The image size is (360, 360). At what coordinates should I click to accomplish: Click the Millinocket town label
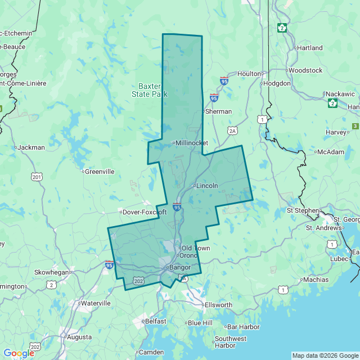coord(192,143)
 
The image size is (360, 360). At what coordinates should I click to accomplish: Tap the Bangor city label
coord(180,267)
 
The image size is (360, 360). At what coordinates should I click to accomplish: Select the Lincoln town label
coord(206,185)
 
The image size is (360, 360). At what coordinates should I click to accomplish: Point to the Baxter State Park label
coord(150,90)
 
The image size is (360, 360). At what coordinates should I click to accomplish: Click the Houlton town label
coord(249,74)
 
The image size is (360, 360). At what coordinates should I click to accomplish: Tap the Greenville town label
coord(99,172)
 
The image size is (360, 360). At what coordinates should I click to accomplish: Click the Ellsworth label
coord(218,305)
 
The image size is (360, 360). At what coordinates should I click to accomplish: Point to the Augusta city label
coord(79,337)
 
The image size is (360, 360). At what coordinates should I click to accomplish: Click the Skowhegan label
coord(52,272)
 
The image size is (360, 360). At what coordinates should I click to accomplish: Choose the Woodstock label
coord(305,70)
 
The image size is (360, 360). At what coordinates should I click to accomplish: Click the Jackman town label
coord(31,147)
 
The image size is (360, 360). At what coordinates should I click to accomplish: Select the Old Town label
coord(195,248)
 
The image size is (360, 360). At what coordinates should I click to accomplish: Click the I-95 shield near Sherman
coord(214,98)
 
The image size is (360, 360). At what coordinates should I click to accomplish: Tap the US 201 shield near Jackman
coord(37,177)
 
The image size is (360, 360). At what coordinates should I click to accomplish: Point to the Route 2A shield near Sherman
coord(233,130)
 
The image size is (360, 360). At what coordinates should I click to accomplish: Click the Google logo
coord(19,353)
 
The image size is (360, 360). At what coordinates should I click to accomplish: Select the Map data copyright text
coord(325,355)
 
